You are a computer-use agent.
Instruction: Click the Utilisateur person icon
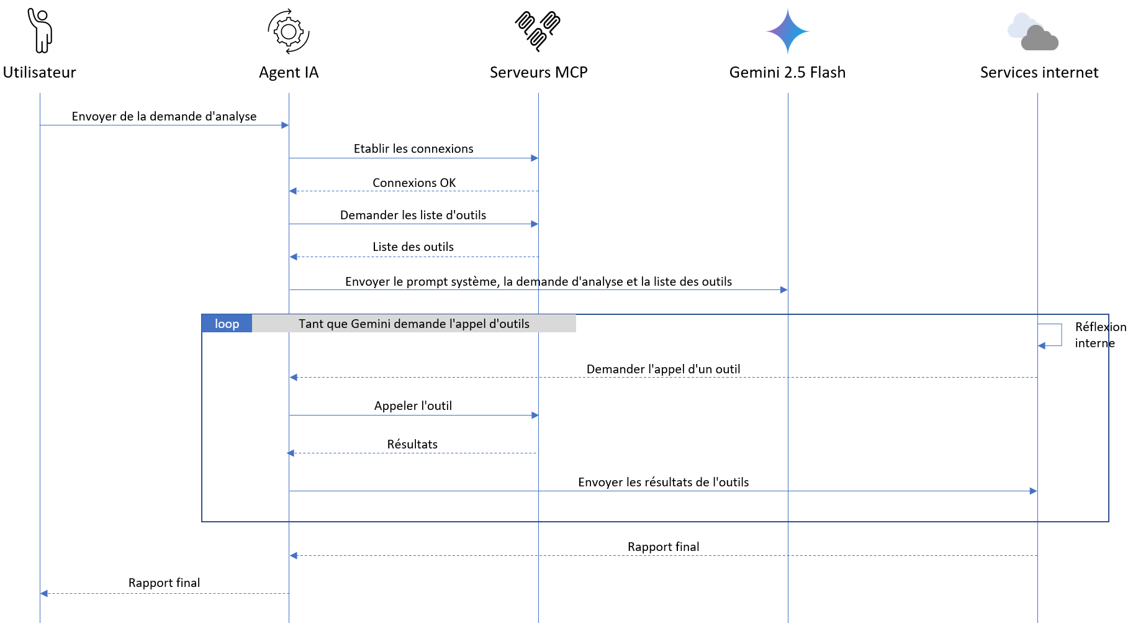point(40,30)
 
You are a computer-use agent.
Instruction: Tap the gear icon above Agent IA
point(289,31)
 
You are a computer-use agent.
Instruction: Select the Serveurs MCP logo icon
point(538,30)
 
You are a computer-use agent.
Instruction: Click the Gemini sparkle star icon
point(787,31)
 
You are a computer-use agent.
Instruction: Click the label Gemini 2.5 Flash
point(787,73)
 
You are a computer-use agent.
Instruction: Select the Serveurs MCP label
point(538,73)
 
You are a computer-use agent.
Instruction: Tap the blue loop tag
point(227,324)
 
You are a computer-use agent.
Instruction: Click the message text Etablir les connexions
point(413,148)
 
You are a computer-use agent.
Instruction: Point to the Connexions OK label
point(414,183)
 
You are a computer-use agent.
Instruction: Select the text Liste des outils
point(413,247)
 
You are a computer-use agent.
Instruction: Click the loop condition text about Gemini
point(414,324)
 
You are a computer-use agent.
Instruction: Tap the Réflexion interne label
point(1100,335)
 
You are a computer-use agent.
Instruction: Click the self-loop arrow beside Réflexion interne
point(1061,335)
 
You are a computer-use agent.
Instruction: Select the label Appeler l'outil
point(413,406)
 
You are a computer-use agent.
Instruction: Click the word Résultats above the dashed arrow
point(412,444)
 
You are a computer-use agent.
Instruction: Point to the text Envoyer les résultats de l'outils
point(663,482)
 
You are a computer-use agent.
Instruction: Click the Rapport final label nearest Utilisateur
point(164,583)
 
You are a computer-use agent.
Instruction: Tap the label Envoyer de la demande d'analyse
point(164,116)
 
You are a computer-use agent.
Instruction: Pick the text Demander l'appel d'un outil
point(663,369)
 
